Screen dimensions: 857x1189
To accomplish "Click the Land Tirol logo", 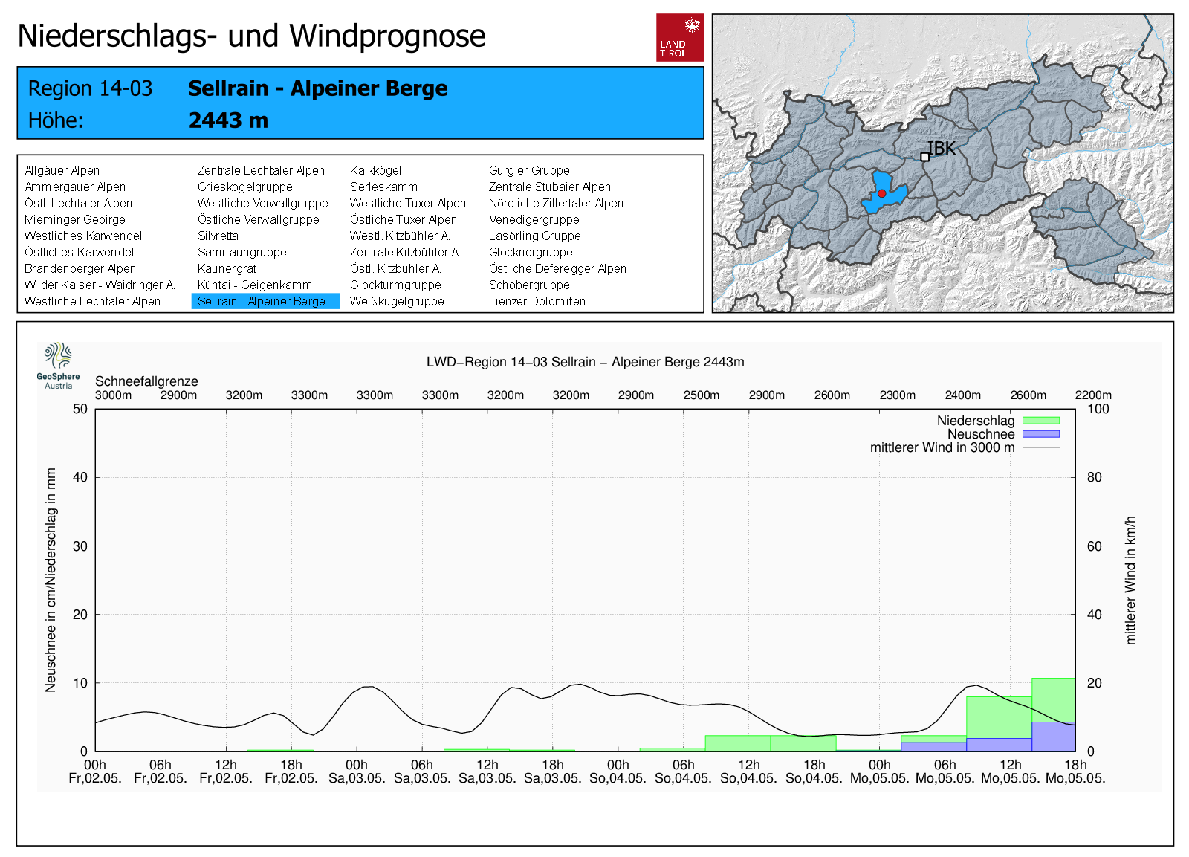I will click(x=680, y=37).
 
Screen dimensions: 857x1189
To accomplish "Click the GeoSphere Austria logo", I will click(x=59, y=365).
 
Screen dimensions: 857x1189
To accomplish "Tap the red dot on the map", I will click(x=881, y=193).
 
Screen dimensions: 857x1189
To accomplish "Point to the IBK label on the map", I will click(x=941, y=149).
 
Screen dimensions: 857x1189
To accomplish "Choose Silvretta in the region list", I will click(x=218, y=236).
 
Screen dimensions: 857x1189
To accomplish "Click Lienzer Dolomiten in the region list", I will click(x=537, y=301).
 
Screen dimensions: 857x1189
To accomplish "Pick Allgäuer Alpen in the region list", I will click(x=62, y=170).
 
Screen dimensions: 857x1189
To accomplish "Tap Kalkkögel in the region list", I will click(x=375, y=170).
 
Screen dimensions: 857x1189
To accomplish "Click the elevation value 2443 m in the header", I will click(x=228, y=120).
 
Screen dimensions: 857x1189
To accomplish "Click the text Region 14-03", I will click(x=90, y=88).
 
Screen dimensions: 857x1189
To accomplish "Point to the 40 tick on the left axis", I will click(x=80, y=477).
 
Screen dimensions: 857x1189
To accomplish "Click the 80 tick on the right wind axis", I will click(x=1094, y=477).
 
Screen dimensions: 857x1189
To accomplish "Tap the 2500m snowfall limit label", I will click(x=701, y=395).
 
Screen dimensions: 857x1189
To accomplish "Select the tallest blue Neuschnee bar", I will click(x=1053, y=736).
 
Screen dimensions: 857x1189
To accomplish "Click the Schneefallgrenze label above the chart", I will click(x=146, y=381).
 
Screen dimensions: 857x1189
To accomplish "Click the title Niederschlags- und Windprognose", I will click(x=251, y=36).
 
